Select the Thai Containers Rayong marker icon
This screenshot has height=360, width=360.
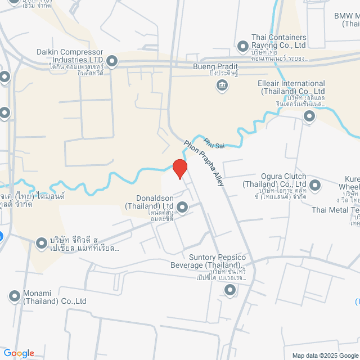coord(243,46)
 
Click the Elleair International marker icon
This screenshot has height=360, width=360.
coord(309,116)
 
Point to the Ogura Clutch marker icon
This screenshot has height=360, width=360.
coord(315,184)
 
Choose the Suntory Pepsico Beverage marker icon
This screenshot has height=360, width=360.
coord(229,290)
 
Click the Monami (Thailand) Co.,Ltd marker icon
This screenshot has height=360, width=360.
coord(14,296)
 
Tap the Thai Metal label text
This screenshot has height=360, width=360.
coord(335,210)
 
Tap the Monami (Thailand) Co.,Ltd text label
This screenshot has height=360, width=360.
coord(55,297)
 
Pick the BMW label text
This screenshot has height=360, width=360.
coord(346,16)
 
